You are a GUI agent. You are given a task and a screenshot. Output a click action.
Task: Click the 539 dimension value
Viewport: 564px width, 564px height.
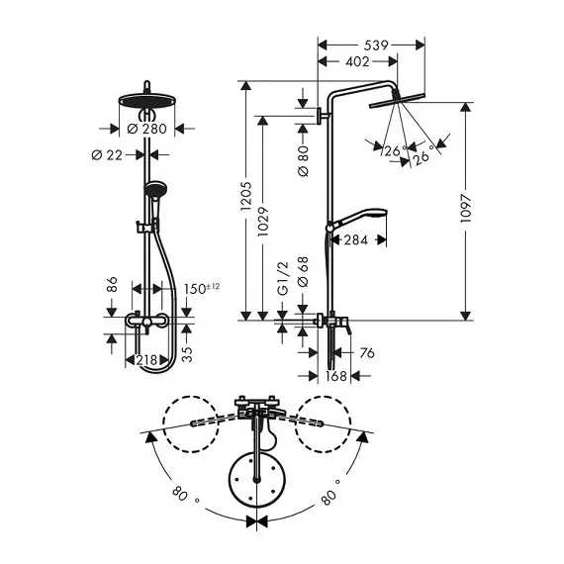click(x=376, y=46)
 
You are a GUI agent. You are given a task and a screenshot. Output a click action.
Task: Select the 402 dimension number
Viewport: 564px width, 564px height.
click(x=357, y=62)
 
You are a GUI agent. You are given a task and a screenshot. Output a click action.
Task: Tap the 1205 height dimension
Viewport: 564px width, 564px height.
click(x=246, y=196)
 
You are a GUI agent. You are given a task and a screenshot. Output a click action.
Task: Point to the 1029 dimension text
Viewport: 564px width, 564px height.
click(x=263, y=221)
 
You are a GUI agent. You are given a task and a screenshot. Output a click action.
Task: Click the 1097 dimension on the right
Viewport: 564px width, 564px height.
click(x=466, y=209)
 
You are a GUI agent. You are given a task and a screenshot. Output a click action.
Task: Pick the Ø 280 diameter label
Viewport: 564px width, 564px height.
click(x=147, y=129)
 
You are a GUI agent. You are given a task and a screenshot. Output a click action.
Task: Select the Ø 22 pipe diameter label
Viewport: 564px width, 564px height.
click(x=107, y=155)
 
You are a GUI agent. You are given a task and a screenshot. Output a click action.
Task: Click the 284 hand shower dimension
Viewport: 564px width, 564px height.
click(x=356, y=239)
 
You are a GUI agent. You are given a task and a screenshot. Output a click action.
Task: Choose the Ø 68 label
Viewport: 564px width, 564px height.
click(x=303, y=271)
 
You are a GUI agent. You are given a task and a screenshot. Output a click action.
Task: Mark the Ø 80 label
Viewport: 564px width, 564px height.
click(x=303, y=160)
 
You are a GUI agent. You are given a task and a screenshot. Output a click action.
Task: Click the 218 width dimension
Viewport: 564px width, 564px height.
click(x=146, y=360)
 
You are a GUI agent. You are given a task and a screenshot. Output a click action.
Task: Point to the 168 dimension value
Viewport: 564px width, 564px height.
click(x=336, y=376)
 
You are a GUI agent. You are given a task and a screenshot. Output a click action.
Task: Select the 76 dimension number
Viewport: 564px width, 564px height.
click(x=367, y=353)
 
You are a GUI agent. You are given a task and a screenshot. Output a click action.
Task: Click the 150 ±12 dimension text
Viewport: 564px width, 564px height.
click(x=202, y=289)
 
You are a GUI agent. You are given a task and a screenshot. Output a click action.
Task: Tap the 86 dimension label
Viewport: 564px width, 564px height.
click(x=112, y=284)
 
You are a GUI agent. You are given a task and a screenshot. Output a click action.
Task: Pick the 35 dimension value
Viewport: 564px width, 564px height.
click(x=187, y=354)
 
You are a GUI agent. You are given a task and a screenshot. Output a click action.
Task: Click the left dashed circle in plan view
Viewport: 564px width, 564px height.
click(x=191, y=424)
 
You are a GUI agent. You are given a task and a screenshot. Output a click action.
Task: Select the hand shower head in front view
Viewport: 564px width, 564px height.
click(x=155, y=190)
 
